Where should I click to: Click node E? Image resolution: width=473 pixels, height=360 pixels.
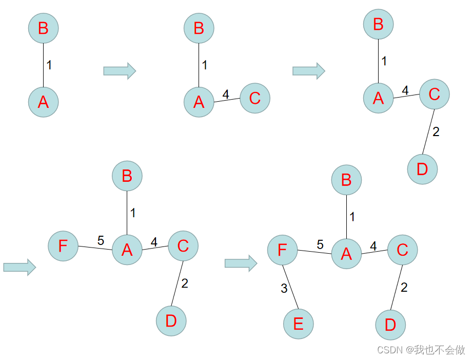coord(298,324)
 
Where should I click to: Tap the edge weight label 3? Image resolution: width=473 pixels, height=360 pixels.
coord(284,289)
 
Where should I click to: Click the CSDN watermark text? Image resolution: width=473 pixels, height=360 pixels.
coord(421,349)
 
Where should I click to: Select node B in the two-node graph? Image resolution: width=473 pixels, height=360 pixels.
coord(44,28)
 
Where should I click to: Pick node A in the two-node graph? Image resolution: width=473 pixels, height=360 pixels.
coord(44,102)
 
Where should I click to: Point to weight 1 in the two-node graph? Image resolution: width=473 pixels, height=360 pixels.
coord(49,65)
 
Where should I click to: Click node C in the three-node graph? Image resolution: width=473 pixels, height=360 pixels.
coord(255,98)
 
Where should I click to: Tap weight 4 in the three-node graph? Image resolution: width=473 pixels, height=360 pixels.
coord(225,94)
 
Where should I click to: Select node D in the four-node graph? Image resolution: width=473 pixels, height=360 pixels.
coord(422,169)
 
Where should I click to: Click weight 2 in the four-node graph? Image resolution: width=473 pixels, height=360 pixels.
coord(436,131)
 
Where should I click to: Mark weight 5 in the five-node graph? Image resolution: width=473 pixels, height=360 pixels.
coord(101,240)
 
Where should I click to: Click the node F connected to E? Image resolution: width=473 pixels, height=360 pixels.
coord(283,251)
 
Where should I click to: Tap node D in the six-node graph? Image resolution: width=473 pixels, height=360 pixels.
coord(390,325)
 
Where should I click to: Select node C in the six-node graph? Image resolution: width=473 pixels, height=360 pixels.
coord(403,250)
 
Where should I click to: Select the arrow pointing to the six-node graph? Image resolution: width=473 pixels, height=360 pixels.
coord(241,263)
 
